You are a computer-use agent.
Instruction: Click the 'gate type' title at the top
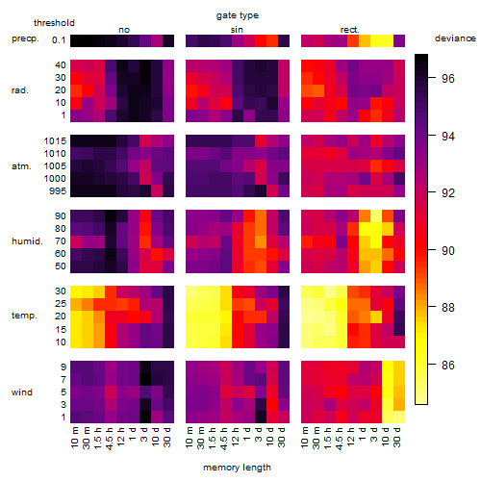(238, 15)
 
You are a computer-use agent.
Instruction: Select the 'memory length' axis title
(237, 468)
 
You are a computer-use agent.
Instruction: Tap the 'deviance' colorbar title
(455, 38)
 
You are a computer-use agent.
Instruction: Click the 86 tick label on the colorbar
(448, 365)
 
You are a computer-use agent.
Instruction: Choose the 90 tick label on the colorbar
(448, 250)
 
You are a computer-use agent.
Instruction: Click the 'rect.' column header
(350, 30)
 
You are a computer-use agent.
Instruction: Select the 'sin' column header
(237, 30)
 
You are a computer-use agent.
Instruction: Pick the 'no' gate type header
(124, 30)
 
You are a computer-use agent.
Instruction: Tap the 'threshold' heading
(54, 23)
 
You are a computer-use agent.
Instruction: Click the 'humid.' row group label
(27, 241)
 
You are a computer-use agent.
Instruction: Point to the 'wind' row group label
(22, 392)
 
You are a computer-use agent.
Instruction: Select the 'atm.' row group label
(21, 166)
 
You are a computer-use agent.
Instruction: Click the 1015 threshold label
(55, 141)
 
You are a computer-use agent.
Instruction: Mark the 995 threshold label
(58, 191)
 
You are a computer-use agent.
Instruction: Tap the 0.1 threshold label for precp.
(59, 40)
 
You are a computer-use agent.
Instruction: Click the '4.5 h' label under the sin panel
(224, 439)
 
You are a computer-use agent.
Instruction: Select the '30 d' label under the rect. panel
(396, 437)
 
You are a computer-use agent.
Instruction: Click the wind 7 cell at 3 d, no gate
(145, 380)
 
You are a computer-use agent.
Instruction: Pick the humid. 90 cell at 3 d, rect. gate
(376, 216)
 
